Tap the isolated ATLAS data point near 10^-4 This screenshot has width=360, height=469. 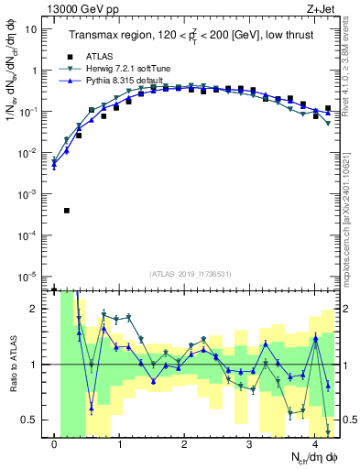[x=67, y=211]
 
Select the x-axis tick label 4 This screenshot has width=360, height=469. [x=315, y=446]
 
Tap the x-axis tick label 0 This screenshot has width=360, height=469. [x=55, y=446]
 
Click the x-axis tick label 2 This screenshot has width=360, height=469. [x=185, y=446]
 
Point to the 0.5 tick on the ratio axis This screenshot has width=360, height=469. [x=30, y=420]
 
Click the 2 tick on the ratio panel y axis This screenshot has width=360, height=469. [x=34, y=309]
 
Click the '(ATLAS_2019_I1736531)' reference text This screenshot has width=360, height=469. [x=189, y=274]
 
